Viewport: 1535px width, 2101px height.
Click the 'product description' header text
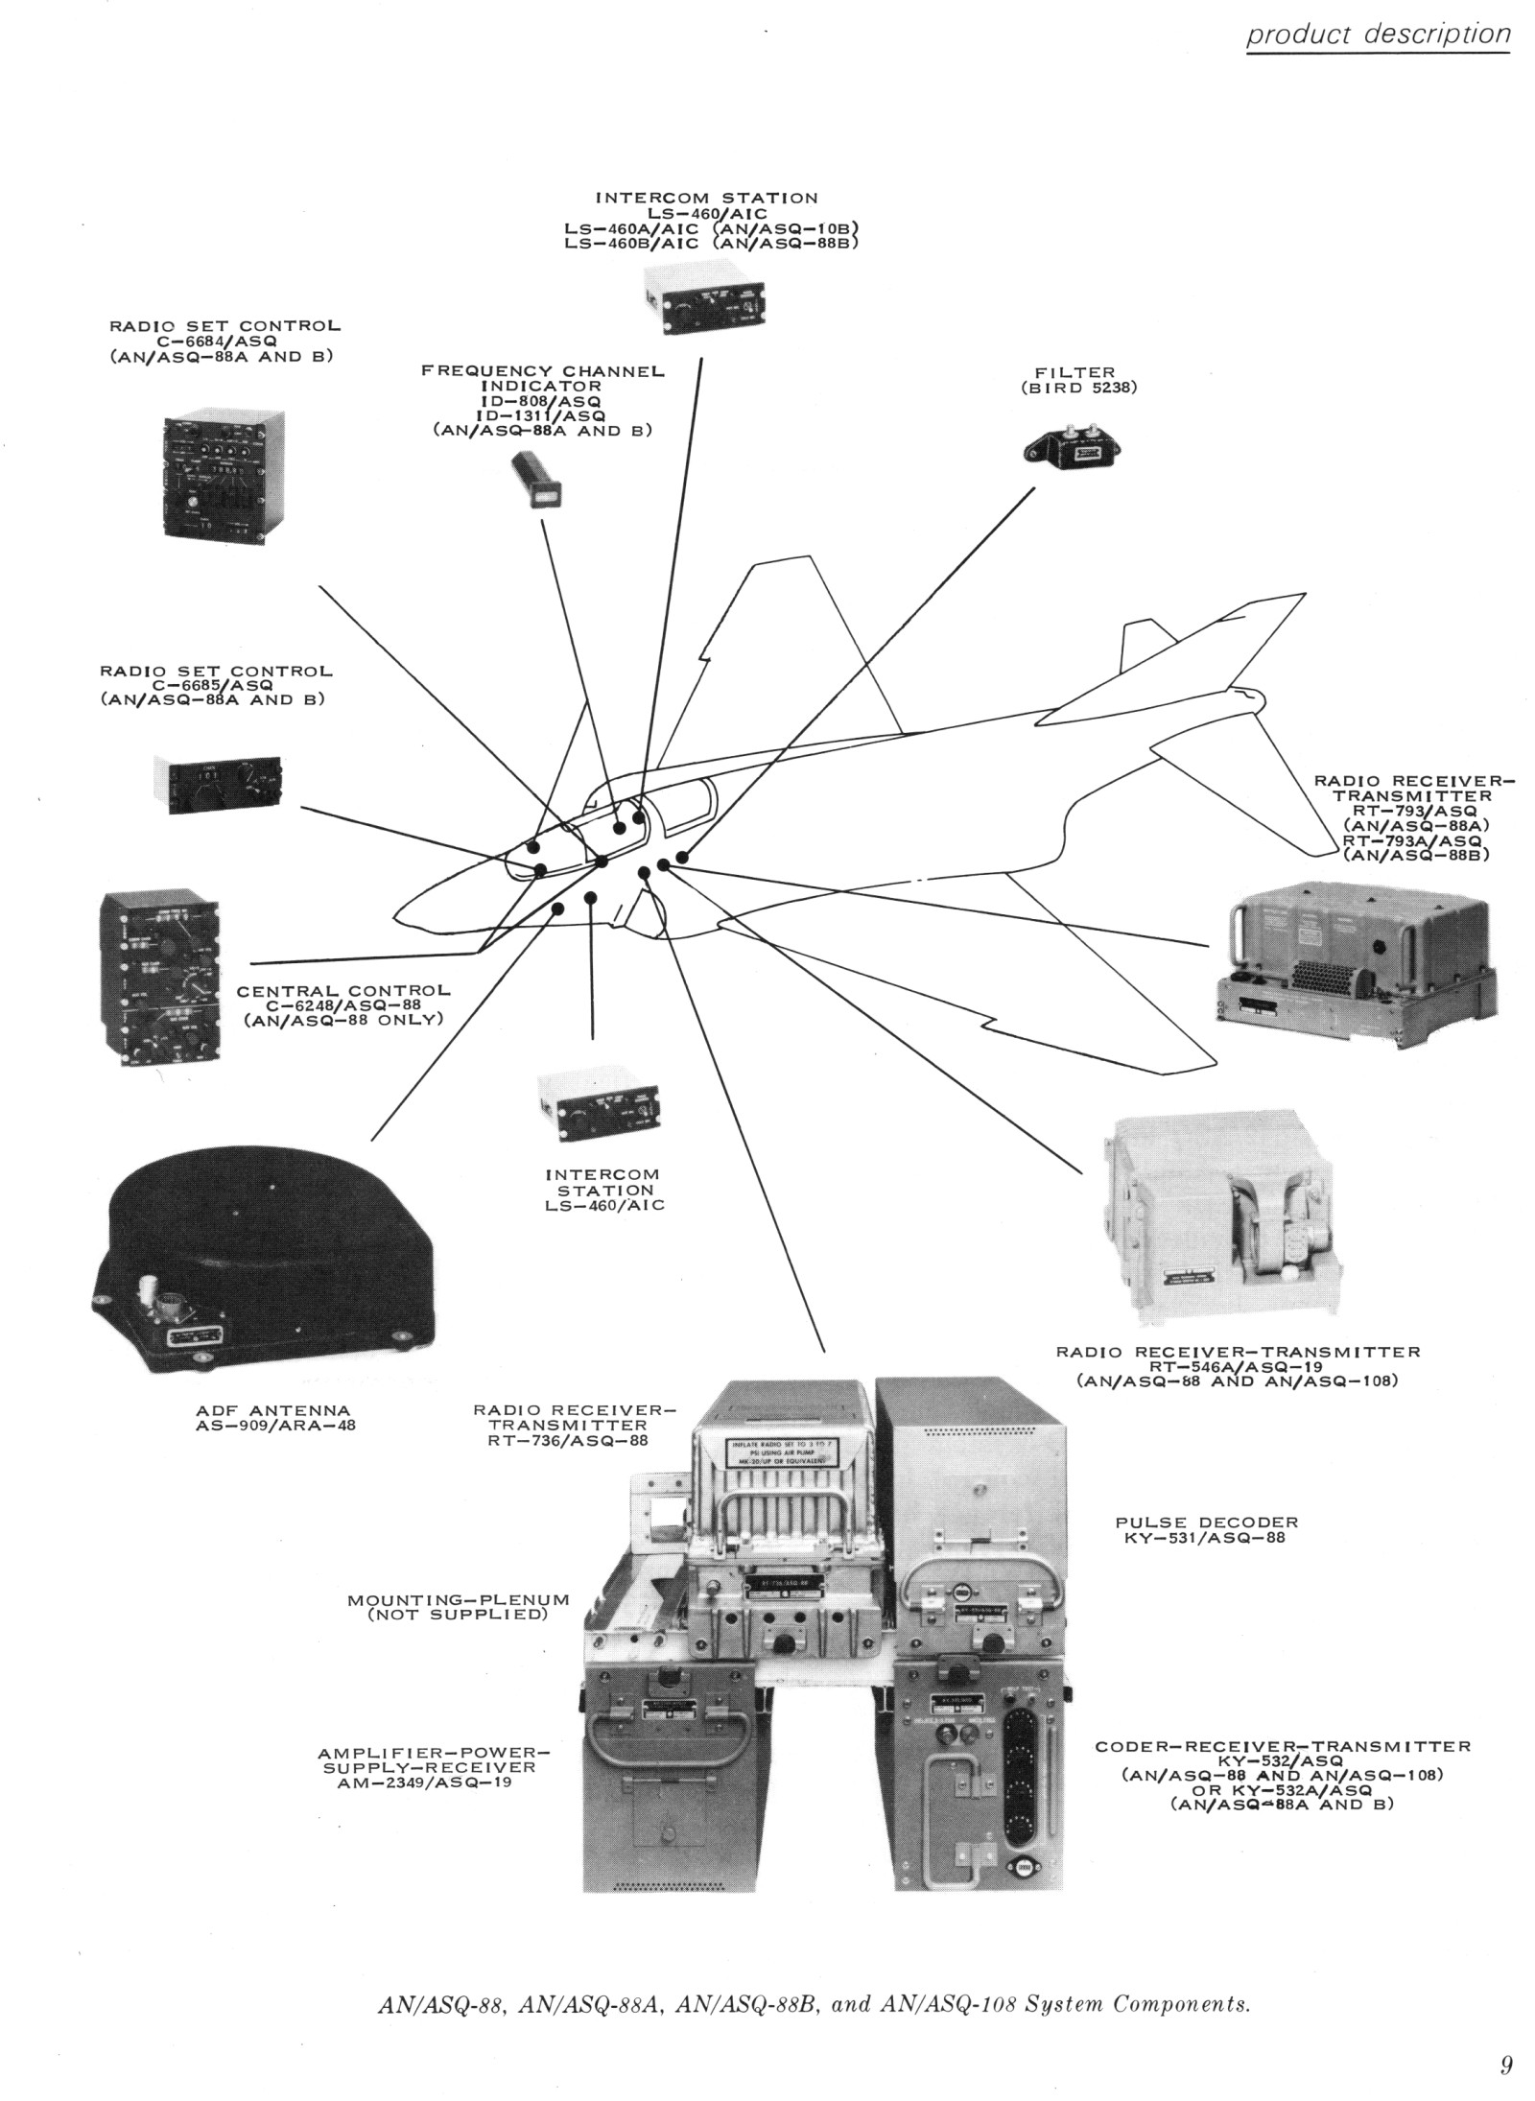point(1379,35)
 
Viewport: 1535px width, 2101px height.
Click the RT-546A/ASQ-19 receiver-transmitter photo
point(1212,1216)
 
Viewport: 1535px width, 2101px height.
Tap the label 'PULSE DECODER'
point(1206,1522)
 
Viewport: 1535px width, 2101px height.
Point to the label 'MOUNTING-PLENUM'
point(459,1599)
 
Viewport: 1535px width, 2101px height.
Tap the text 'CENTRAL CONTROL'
point(342,991)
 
